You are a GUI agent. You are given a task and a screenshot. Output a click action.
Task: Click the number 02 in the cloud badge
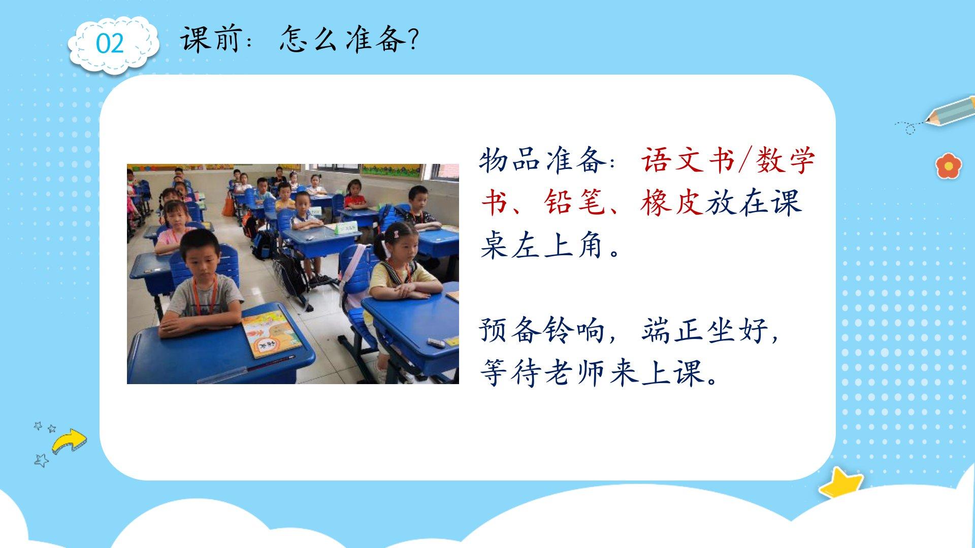coord(110,44)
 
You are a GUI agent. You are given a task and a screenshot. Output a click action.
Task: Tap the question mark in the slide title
coord(412,39)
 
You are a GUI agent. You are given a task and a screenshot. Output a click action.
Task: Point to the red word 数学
coord(785,160)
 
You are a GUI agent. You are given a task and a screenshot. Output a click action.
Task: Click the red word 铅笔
coord(574,202)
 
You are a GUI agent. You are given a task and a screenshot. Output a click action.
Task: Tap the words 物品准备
coord(542,160)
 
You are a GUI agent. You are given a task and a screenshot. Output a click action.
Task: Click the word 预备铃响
coord(542,330)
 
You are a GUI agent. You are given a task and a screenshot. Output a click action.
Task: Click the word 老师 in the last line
coord(574,373)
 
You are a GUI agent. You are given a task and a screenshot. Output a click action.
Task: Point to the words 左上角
coord(558,245)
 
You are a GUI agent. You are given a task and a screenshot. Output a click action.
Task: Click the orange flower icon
coord(949,165)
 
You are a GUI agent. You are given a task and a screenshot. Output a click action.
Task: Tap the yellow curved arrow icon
coord(70,440)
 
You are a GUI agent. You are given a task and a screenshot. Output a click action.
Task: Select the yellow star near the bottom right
coord(840,482)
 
